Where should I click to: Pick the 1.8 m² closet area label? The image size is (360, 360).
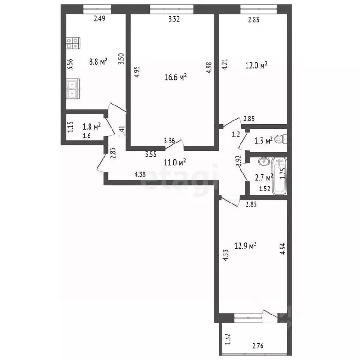point(91,127)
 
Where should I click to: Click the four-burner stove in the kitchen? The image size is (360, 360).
point(73,44)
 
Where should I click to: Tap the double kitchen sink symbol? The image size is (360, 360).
point(73,90)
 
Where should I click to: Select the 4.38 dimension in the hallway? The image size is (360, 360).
point(140,174)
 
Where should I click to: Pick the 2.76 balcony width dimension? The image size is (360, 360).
point(257,346)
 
